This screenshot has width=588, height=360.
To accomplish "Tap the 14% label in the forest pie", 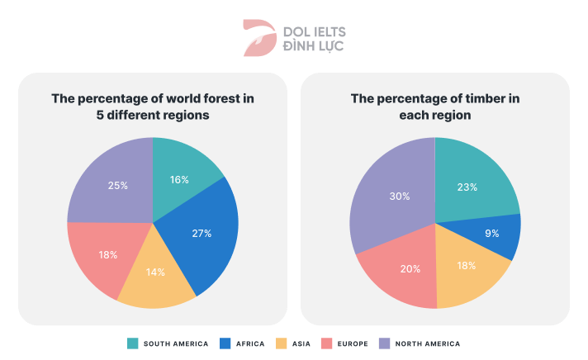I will pos(156,272).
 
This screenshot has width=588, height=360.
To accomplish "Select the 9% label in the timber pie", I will pos(491,234).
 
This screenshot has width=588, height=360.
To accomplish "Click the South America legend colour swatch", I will pos(133,343).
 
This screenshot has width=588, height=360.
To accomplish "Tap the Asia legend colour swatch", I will pos(281,343).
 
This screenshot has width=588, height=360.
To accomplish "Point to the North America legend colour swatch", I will pos(384,343).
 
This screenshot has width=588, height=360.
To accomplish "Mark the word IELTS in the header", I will pos(328,31).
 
